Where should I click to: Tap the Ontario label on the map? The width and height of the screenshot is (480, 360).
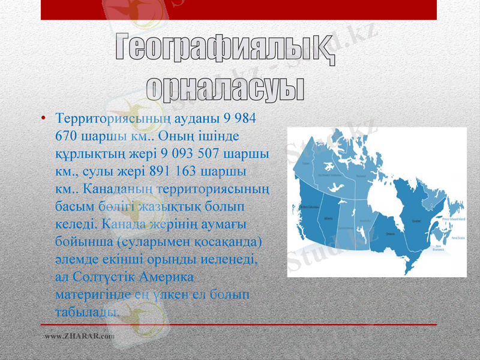[x=390, y=233]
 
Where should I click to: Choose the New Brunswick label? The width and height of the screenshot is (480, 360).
[x=443, y=247]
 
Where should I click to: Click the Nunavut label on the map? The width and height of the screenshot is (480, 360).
[x=361, y=176]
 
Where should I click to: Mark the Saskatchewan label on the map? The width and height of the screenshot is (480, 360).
[x=346, y=229]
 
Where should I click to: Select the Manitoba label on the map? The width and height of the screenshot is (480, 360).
[x=365, y=221]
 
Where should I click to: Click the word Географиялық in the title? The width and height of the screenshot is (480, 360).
[x=225, y=49]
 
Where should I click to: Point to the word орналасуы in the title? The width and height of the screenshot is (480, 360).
[x=225, y=87]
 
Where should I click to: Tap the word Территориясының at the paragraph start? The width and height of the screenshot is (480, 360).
[x=101, y=118]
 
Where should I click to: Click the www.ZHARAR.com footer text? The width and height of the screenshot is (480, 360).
[x=79, y=337]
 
